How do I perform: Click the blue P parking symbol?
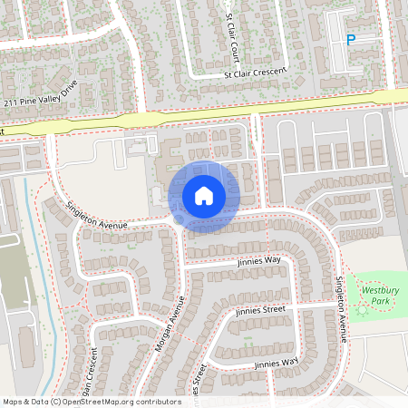pyautogui.click(x=351, y=38)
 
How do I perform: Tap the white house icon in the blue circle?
pyautogui.click(x=204, y=196)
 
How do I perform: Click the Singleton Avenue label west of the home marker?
pyautogui.click(x=99, y=213)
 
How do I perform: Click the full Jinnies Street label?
pyautogui.click(x=260, y=309)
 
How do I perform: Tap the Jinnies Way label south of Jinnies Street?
pyautogui.click(x=276, y=363)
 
